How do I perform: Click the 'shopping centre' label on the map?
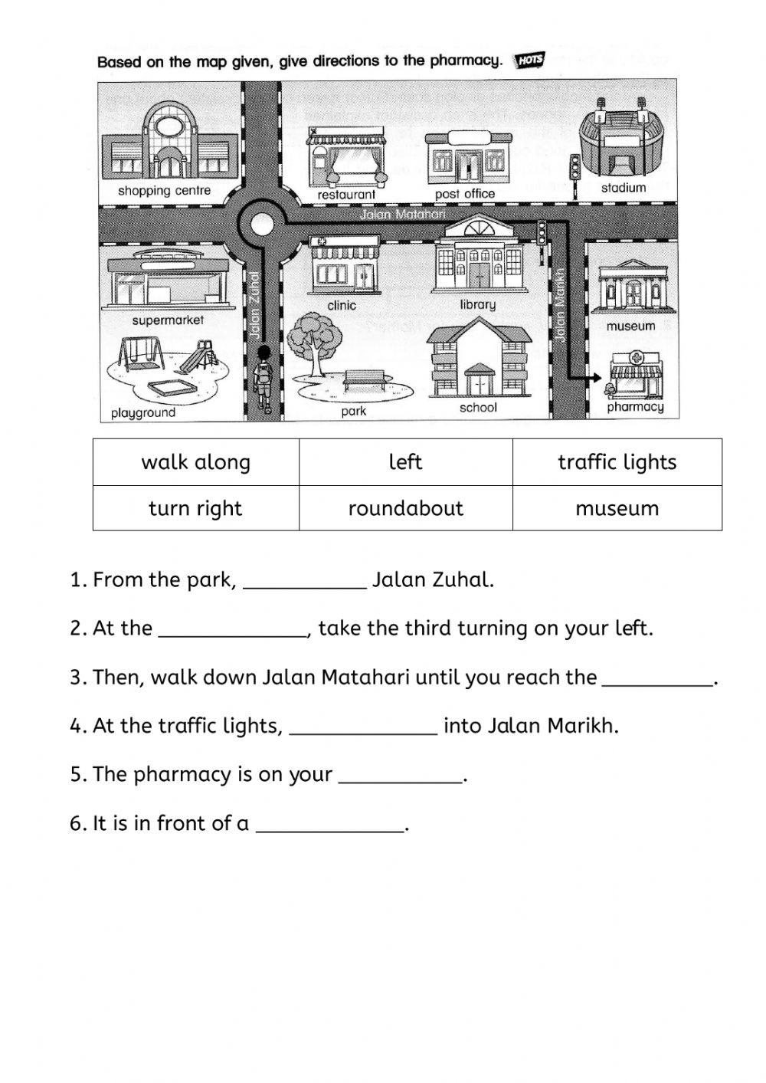pos(164,191)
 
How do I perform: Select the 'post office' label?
pos(465,194)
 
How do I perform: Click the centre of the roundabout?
pos(262,225)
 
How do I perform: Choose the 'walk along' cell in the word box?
pos(196,462)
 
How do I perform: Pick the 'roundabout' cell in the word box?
pos(405,508)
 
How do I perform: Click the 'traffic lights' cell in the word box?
pos(617,462)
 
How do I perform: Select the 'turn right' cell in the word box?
pos(196,508)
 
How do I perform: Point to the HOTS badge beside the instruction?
pos(529,61)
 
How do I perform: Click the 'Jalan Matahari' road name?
pos(403,215)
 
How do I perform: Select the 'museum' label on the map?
pos(630,326)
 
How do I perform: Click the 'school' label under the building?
pos(478,408)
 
